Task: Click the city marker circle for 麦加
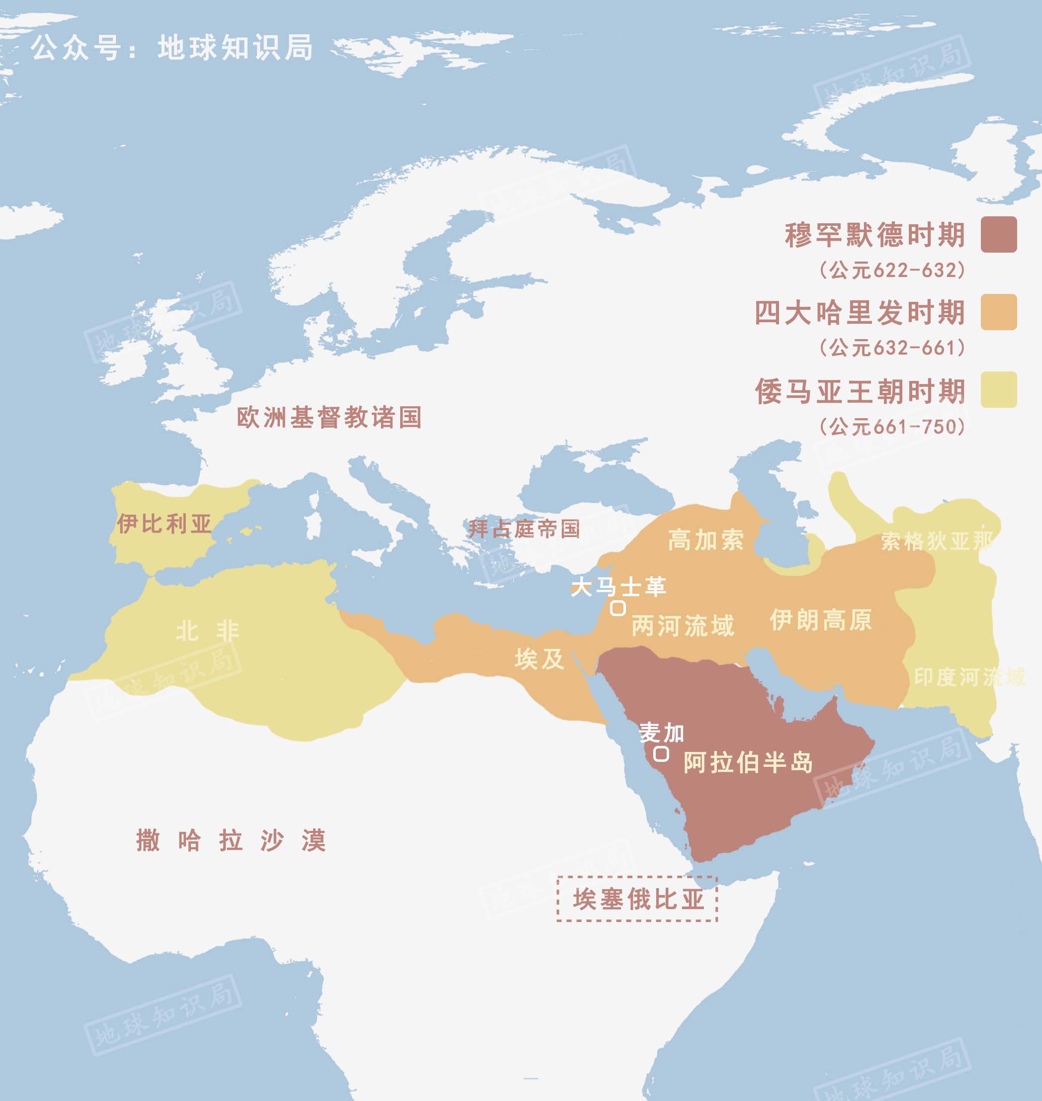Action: click(x=660, y=754)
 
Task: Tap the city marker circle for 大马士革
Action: click(x=617, y=608)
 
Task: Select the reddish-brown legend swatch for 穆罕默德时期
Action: click(x=998, y=234)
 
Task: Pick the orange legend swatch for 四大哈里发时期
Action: click(x=998, y=312)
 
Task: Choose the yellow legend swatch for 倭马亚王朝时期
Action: click(x=998, y=390)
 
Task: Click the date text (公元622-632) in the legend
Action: click(x=892, y=271)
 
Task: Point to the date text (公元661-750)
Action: click(x=892, y=427)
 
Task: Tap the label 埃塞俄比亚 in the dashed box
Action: click(x=638, y=898)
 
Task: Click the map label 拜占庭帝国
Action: click(x=524, y=529)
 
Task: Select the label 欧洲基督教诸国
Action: click(x=329, y=417)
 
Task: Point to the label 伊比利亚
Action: click(x=165, y=523)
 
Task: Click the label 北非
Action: click(x=207, y=631)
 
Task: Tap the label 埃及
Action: click(x=539, y=659)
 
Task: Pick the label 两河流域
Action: click(x=683, y=626)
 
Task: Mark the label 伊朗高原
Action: click(x=820, y=620)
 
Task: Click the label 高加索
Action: click(x=705, y=540)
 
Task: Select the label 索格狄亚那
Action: click(x=937, y=541)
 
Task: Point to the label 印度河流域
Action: click(x=969, y=677)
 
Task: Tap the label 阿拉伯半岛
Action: click(x=748, y=762)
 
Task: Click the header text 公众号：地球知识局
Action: click(x=172, y=48)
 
